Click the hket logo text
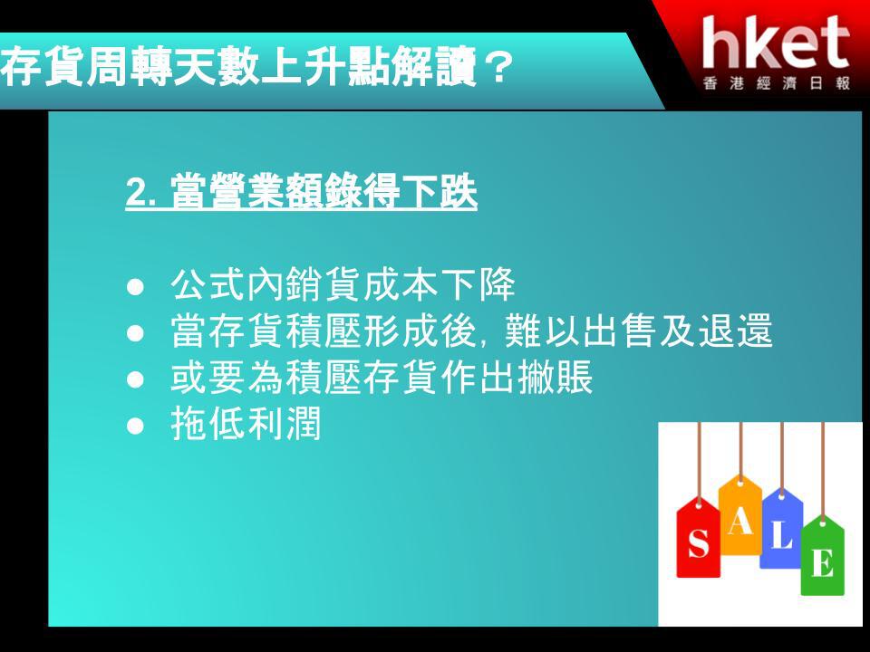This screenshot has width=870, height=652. click(x=776, y=43)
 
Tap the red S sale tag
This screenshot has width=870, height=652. click(x=698, y=537)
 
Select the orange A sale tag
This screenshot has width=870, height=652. click(x=740, y=515)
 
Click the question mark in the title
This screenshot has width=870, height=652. click(x=497, y=68)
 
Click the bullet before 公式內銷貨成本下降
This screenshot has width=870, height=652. click(x=135, y=287)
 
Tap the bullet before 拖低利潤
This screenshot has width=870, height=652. click(x=135, y=426)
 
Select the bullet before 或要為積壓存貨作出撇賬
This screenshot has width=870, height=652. click(x=135, y=379)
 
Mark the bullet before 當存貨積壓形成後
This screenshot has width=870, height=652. click(x=135, y=332)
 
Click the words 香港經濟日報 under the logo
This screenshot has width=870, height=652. click(x=777, y=83)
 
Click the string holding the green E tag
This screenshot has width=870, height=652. click(x=822, y=470)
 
